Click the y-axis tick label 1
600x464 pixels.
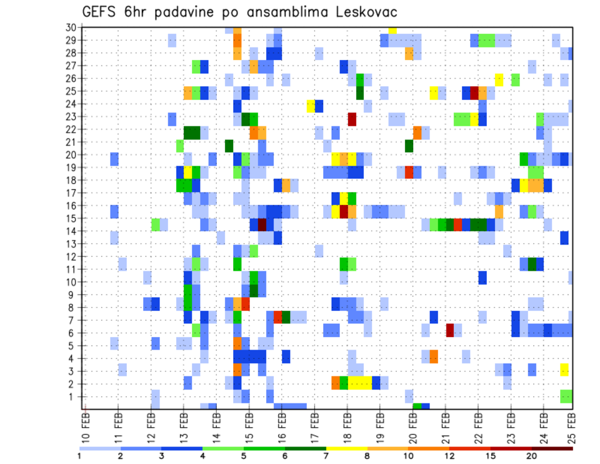(x=73, y=396)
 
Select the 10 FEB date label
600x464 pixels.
(x=86, y=425)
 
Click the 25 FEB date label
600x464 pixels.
(x=572, y=425)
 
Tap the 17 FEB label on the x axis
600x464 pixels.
(x=314, y=425)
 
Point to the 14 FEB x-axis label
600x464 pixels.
(x=216, y=425)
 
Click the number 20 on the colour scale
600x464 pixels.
(x=532, y=456)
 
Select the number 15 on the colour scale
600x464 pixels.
(x=491, y=456)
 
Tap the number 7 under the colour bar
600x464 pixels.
(x=326, y=456)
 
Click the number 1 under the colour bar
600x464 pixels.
(x=79, y=456)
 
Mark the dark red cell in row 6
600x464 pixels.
(x=449, y=330)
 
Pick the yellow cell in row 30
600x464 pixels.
(x=392, y=29)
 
